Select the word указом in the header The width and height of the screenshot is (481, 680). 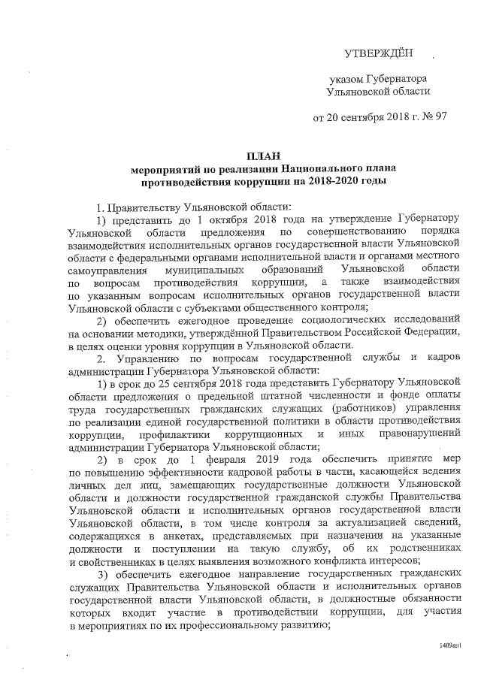350,78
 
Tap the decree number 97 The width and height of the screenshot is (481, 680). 441,118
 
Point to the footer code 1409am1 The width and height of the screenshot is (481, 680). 450,645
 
